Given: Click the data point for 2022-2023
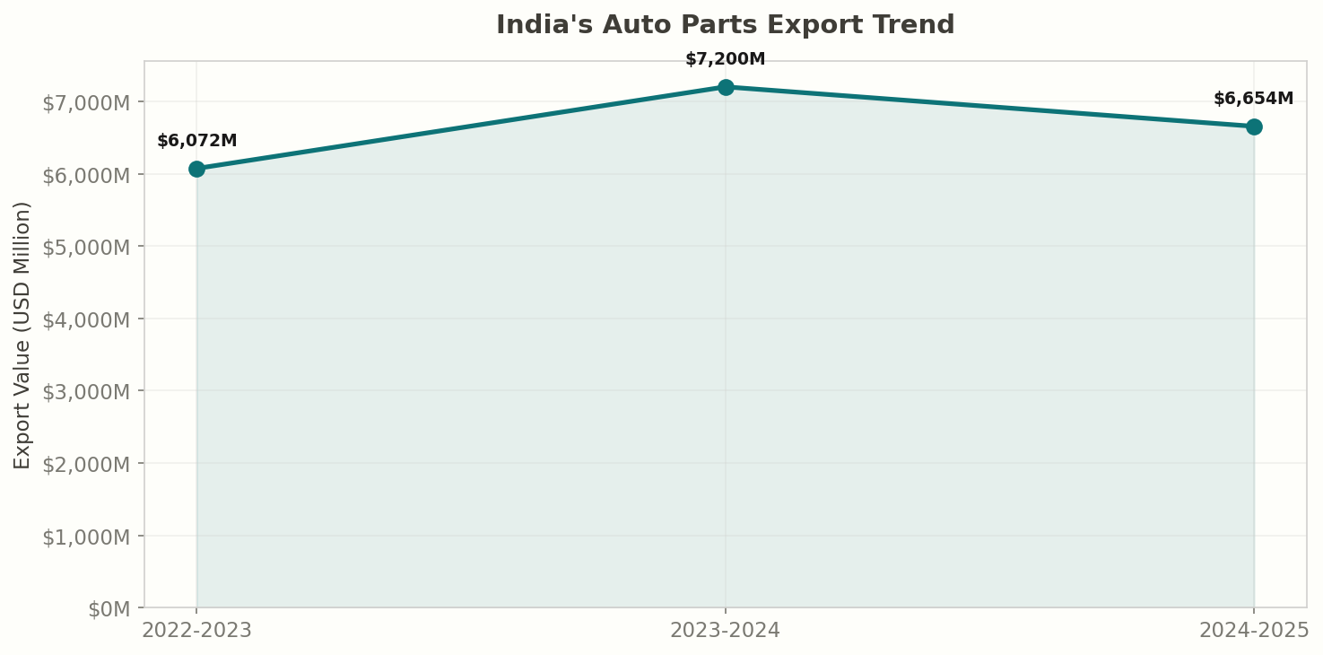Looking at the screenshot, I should (196, 169).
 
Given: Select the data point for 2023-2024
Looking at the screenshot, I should (726, 87).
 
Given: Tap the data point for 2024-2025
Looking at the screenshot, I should (1254, 127).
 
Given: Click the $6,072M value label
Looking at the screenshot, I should (197, 141).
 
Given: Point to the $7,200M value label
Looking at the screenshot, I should (726, 59).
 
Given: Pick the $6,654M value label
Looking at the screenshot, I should (1253, 99).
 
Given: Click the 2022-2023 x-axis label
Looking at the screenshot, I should (197, 630).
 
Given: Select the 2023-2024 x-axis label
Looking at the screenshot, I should (726, 630).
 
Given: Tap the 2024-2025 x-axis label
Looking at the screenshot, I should (1254, 630).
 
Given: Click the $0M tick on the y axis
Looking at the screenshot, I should (110, 609).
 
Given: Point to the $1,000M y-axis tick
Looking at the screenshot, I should (86, 537).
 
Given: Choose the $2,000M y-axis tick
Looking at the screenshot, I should (86, 464).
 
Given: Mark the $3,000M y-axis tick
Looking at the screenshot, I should (86, 391).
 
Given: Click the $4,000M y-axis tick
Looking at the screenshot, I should (86, 319).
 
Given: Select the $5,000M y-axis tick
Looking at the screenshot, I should (86, 247).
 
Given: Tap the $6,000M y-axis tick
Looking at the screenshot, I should (86, 174).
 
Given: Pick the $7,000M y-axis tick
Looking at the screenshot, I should (86, 102).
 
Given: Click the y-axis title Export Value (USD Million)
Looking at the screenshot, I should (23, 334).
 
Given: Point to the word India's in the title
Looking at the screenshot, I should (544, 25).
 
